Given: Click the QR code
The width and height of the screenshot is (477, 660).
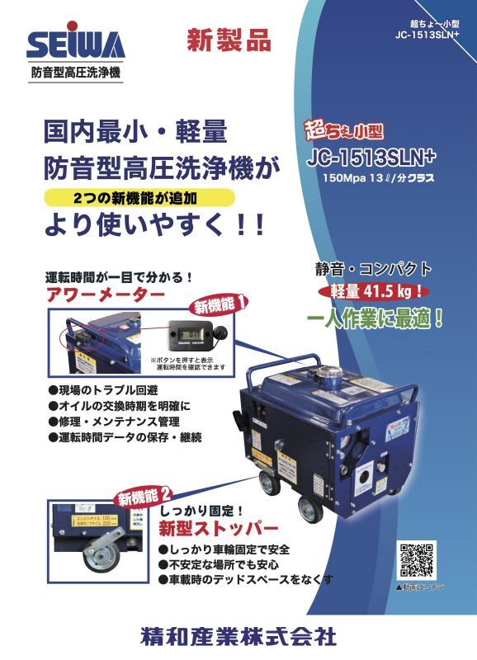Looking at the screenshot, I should [x=416, y=560].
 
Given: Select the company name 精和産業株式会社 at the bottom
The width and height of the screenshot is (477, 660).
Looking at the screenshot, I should [x=238, y=636].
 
